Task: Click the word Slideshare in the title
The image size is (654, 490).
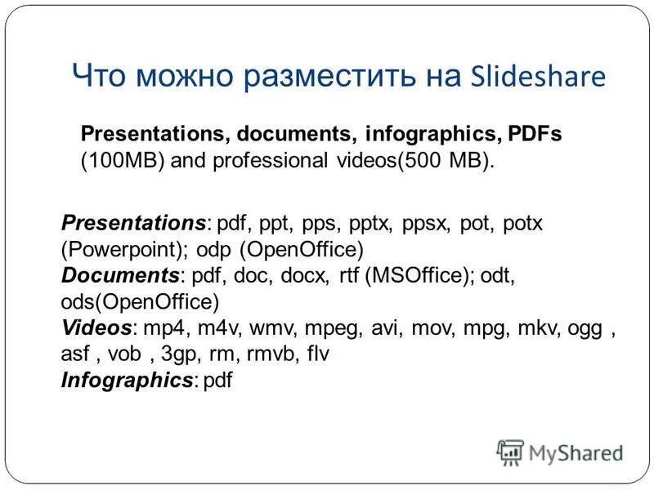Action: tap(539, 76)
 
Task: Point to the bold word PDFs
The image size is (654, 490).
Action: tap(535, 133)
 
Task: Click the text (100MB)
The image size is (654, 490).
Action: tap(123, 160)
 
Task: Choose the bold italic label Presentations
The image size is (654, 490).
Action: tap(133, 223)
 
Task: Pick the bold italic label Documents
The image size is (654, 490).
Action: tap(120, 275)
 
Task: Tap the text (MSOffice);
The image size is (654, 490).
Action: tap(420, 275)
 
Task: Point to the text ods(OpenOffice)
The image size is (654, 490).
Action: tap(140, 301)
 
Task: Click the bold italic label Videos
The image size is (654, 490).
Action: tap(96, 328)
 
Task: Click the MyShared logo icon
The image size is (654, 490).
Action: tap(510, 452)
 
